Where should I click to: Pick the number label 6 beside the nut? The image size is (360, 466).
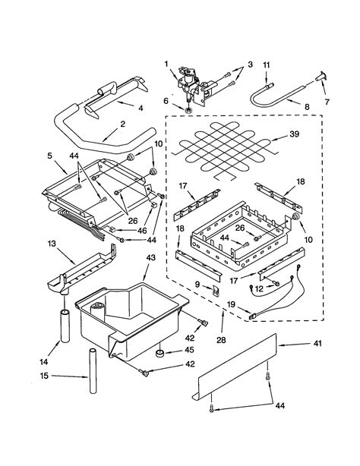(166, 99)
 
